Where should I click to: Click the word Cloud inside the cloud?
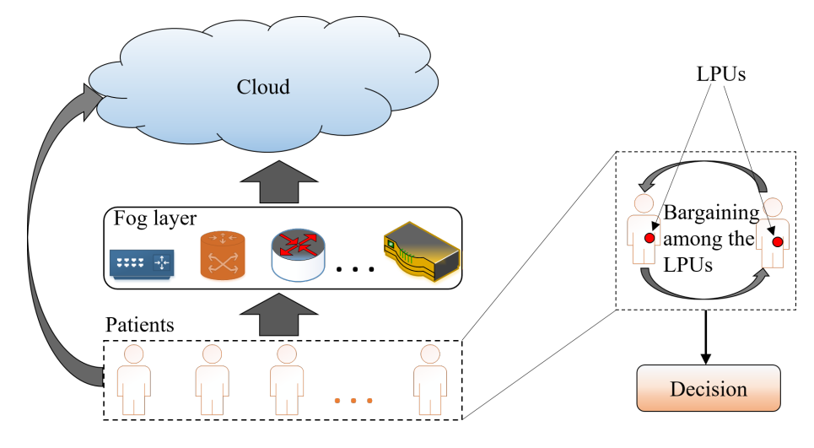tap(262, 87)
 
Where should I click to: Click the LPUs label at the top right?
tap(720, 74)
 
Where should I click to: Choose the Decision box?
tap(708, 389)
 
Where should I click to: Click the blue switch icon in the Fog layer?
tap(141, 264)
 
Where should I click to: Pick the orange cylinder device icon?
tap(222, 257)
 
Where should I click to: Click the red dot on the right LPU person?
tap(777, 242)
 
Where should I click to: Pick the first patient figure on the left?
tap(132, 379)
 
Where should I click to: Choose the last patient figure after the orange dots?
tap(429, 379)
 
